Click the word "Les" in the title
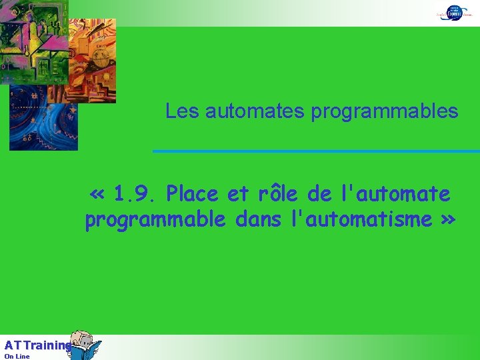(x=182, y=111)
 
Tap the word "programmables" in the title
(x=385, y=111)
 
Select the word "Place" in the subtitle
(x=193, y=194)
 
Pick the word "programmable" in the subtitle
(x=155, y=219)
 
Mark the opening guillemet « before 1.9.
(x=97, y=195)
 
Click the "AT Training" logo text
(x=37, y=345)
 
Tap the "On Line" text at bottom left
(x=17, y=356)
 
